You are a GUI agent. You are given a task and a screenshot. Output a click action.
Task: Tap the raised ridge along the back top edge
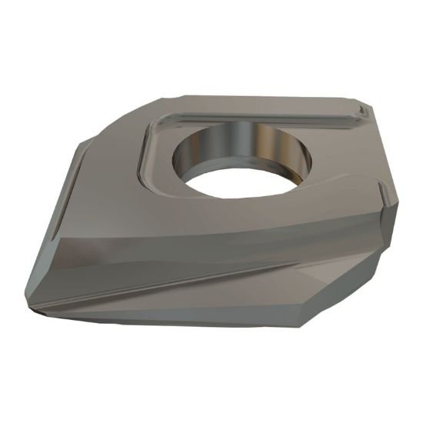tap(254, 108)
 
